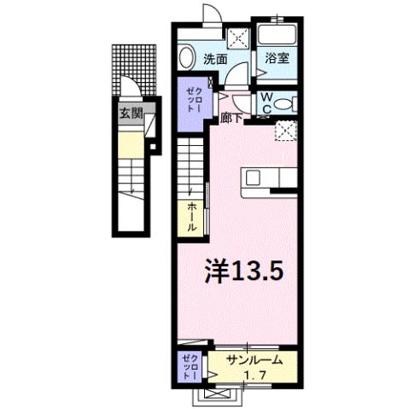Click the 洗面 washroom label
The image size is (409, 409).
click(x=215, y=60)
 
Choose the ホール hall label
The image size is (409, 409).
click(x=192, y=218)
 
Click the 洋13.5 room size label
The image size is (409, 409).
click(x=243, y=272)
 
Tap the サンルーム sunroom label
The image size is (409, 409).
click(x=255, y=360)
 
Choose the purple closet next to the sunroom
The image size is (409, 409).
click(x=190, y=366)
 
